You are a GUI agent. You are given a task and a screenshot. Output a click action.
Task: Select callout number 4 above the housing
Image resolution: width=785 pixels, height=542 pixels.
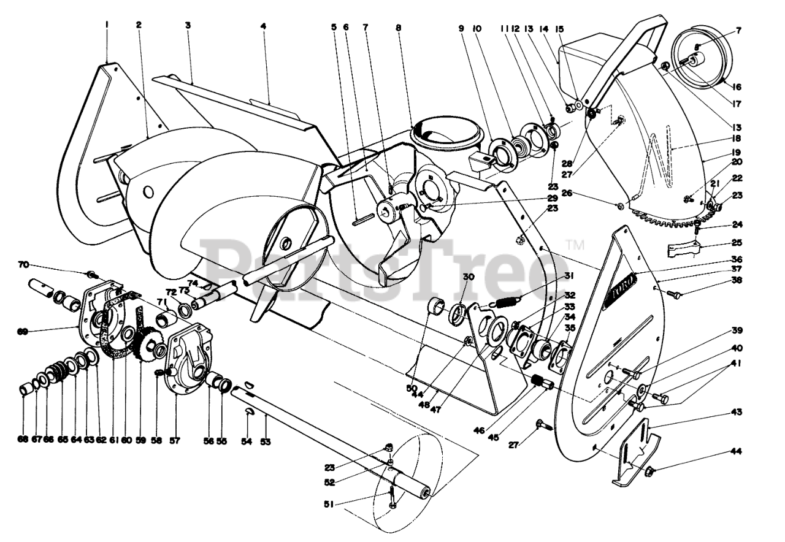click(x=263, y=28)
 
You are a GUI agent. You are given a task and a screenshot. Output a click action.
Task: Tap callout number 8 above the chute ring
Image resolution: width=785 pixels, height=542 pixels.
click(x=399, y=28)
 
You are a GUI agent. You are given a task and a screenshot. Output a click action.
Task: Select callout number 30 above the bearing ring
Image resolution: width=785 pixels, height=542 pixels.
click(x=469, y=277)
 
